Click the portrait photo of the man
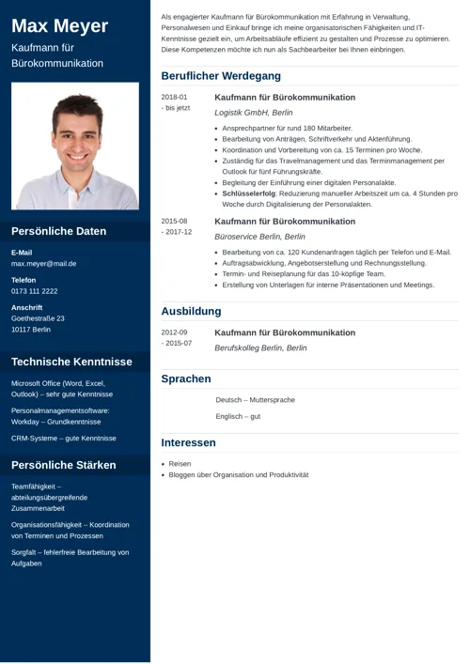point(75,146)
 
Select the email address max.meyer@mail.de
point(44,264)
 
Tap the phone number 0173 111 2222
point(35,291)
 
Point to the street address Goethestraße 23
point(38,318)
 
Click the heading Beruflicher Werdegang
point(221,75)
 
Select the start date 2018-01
point(174,97)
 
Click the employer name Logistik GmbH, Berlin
point(254,113)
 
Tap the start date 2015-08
point(174,221)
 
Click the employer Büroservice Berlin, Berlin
point(259,237)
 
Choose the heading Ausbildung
point(191,311)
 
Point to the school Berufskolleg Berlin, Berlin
point(260,347)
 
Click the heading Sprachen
point(186,378)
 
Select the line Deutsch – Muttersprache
point(255,400)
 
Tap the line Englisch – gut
point(238,416)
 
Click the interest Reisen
point(180,464)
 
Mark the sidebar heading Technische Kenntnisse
point(71,362)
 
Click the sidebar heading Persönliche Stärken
point(64,465)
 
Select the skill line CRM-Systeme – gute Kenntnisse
point(64,438)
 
